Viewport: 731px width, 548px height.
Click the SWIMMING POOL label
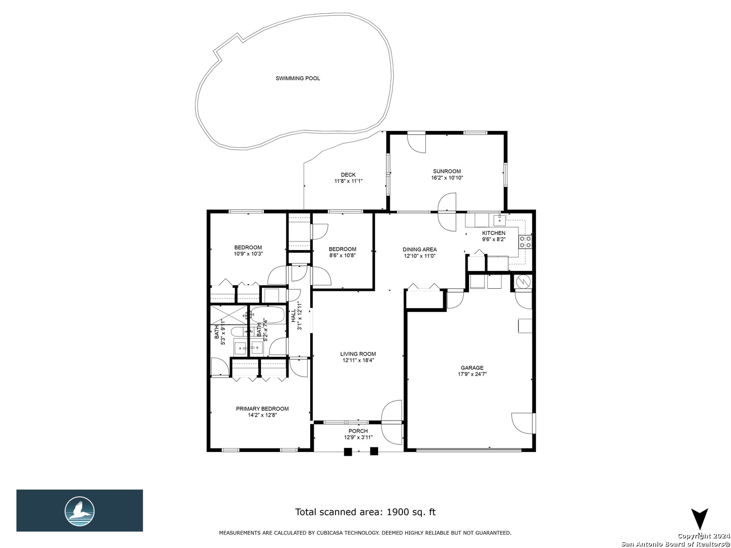click(x=297, y=79)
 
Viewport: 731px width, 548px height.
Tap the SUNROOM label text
click(x=447, y=172)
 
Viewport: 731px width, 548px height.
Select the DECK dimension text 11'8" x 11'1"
click(x=348, y=181)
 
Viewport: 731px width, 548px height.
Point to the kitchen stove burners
click(x=525, y=242)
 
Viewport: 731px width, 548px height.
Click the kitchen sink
click(x=499, y=219)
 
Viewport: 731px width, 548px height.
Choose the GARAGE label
click(x=472, y=368)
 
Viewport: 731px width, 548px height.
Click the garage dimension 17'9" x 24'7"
click(x=472, y=374)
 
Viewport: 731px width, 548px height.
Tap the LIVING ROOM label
click(x=358, y=354)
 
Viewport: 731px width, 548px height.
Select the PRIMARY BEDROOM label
click(x=262, y=408)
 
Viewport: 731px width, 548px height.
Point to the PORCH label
click(x=358, y=431)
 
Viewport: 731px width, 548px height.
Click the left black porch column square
click(x=348, y=452)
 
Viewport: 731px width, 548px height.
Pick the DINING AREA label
click(x=419, y=250)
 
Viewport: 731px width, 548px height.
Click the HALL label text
click(x=293, y=316)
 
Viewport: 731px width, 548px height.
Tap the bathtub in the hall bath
click(x=268, y=315)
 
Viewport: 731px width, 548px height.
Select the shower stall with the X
click(x=229, y=315)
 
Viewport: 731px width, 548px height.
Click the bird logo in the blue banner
click(x=80, y=511)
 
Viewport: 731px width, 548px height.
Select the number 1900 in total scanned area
click(x=398, y=512)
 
